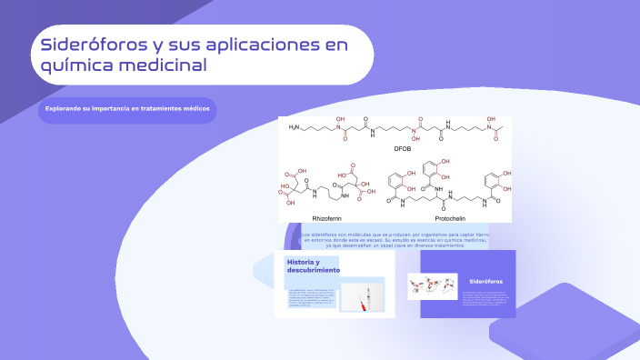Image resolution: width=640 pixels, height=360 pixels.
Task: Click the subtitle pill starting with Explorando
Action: [127, 109]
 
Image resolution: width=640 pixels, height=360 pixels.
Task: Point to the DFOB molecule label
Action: [403, 147]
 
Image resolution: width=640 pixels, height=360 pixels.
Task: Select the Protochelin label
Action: [453, 217]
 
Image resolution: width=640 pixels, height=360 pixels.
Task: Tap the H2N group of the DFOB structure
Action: [295, 128]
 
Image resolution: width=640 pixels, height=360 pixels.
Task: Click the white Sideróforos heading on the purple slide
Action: [486, 282]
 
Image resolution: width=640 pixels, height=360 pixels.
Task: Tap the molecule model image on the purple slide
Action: [432, 286]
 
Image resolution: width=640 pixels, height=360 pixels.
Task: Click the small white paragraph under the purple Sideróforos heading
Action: [486, 299]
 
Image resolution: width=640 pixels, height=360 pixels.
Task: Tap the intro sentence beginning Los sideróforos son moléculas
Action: [394, 240]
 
